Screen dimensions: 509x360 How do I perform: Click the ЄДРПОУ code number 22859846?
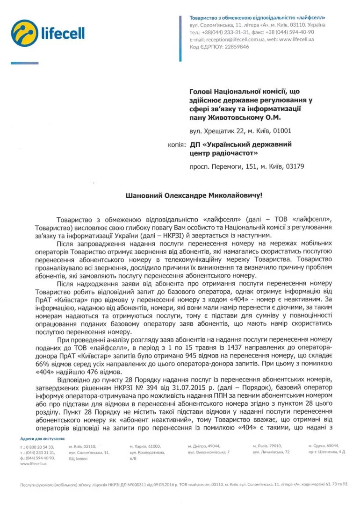click(234, 47)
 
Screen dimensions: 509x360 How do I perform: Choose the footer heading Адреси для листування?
click(43, 438)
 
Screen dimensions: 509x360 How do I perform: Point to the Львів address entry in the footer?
click(271, 449)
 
